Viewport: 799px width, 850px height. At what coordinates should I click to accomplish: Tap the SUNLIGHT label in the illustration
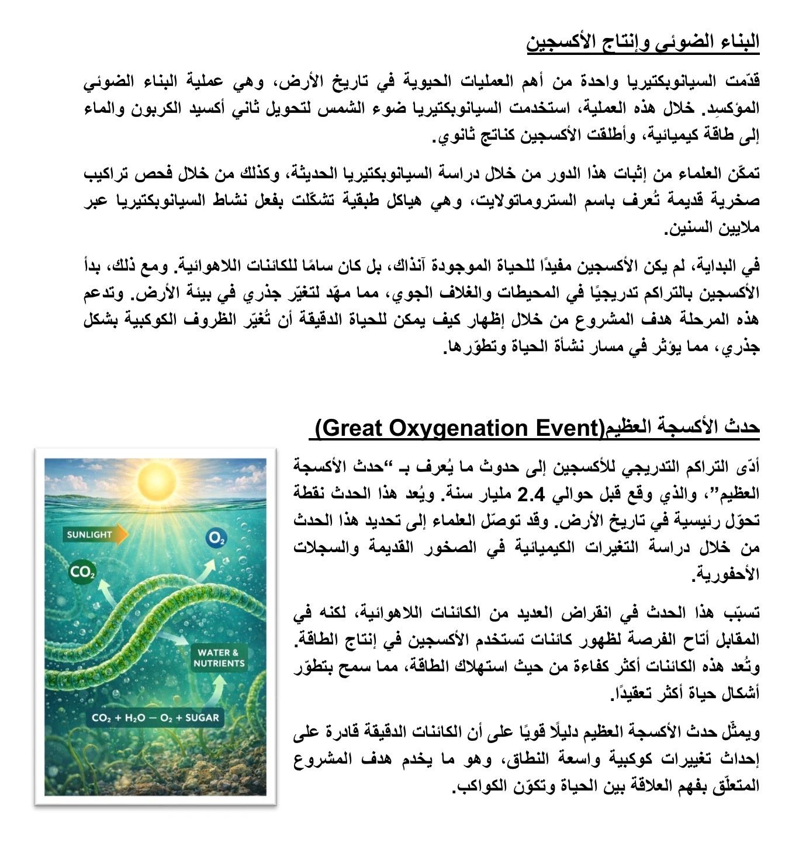[89, 535]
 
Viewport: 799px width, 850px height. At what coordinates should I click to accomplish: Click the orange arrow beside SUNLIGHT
[122, 535]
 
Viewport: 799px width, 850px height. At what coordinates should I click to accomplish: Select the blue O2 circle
[216, 539]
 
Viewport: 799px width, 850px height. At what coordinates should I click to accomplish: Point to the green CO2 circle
[82, 573]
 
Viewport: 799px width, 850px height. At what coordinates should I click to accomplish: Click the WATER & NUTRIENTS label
[219, 658]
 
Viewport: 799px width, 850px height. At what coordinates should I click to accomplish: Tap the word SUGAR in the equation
[202, 718]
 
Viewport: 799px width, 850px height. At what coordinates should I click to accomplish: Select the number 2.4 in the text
[532, 494]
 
